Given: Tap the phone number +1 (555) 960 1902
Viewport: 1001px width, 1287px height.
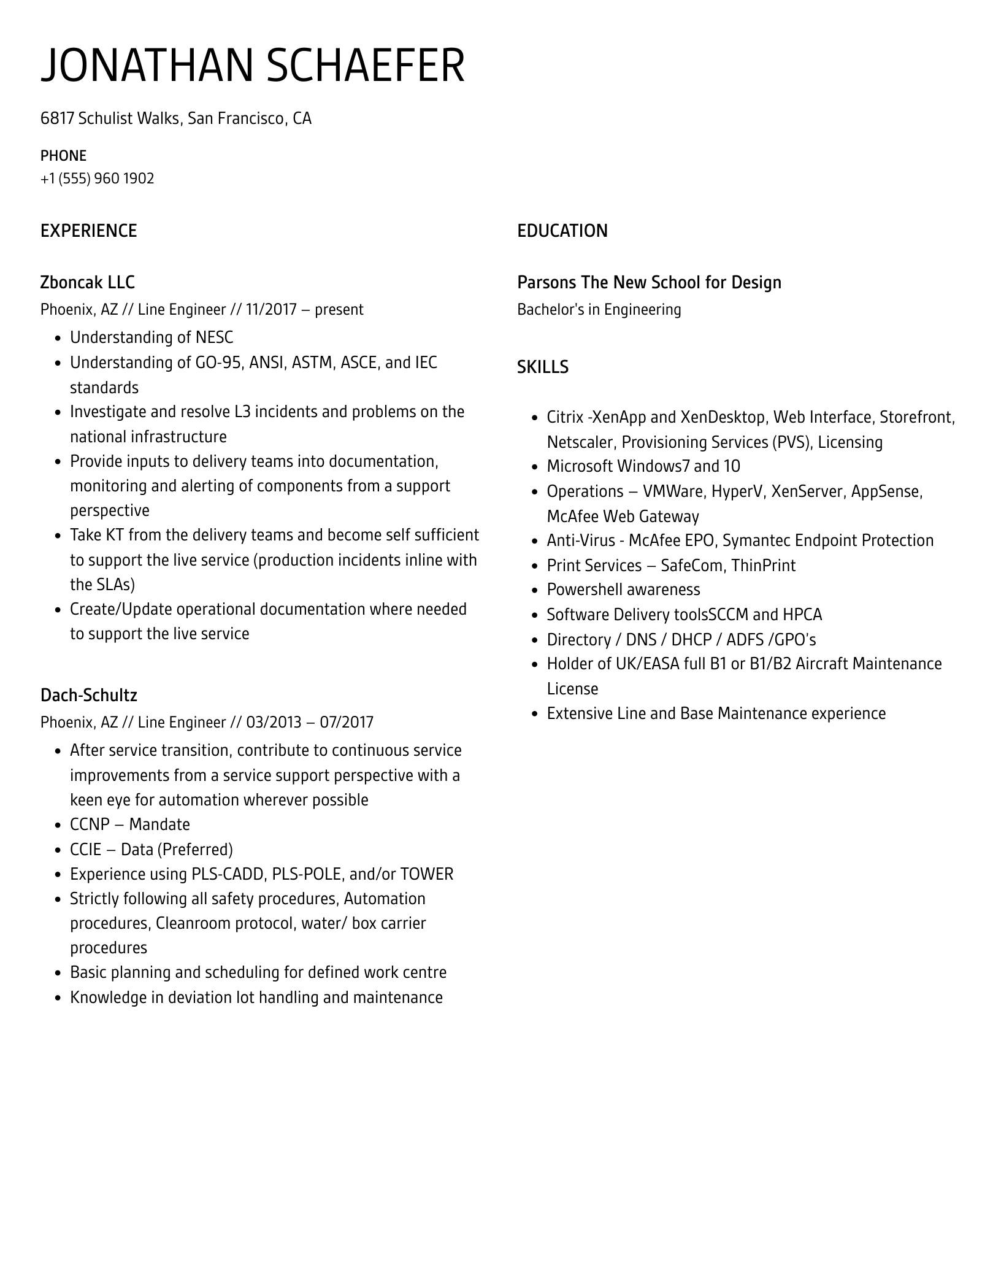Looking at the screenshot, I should click(97, 179).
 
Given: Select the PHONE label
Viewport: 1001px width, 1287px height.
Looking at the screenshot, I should click(63, 156).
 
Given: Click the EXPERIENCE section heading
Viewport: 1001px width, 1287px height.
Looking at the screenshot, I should click(88, 231).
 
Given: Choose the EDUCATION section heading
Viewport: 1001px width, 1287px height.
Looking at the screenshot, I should click(562, 231).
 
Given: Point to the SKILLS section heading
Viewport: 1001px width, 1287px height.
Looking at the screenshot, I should click(542, 367).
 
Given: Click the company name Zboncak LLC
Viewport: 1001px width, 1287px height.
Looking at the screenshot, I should click(87, 282).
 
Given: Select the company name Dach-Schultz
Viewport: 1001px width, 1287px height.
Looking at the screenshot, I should click(88, 695).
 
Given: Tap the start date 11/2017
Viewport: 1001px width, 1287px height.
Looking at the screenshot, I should click(269, 310).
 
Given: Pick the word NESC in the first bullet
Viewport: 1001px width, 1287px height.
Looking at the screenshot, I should click(214, 338).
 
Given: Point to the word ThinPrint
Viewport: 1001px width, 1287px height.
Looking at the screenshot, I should click(764, 565).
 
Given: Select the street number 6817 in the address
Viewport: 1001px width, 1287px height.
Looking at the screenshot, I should click(57, 118).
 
